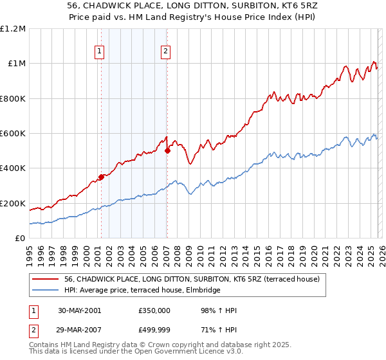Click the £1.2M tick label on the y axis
(13, 29)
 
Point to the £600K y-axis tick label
(13, 134)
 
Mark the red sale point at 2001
(101, 177)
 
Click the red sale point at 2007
(167, 151)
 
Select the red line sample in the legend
(46, 279)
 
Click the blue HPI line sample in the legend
(46, 290)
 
